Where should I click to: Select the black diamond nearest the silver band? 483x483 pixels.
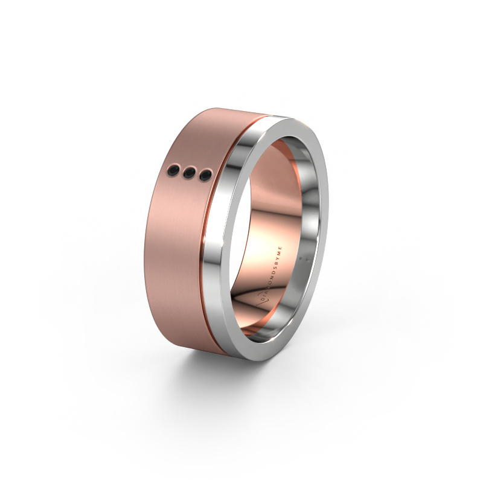205,176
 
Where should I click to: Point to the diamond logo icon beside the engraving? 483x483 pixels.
255,299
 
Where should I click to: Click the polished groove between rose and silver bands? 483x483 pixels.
221,241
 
